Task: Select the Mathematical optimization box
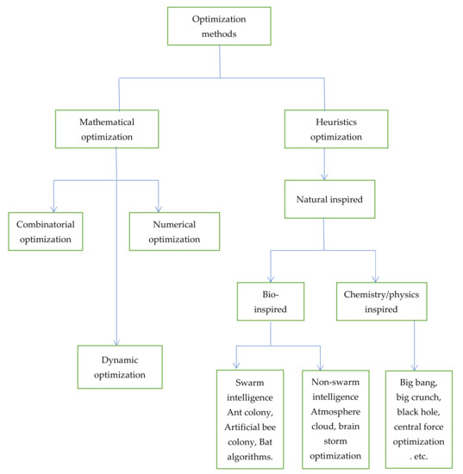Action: pos(108,129)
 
